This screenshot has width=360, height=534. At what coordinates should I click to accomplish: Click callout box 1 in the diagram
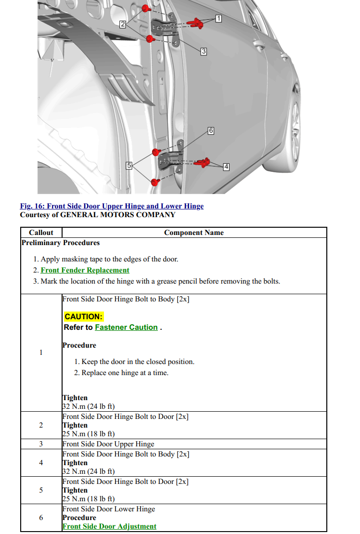[x=219, y=19]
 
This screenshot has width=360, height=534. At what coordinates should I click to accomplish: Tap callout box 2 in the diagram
[x=123, y=24]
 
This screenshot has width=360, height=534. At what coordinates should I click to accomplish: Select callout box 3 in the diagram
[x=204, y=51]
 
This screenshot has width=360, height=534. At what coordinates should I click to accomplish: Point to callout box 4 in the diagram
[x=226, y=167]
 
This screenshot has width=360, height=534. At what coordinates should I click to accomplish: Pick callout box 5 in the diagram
[x=129, y=166]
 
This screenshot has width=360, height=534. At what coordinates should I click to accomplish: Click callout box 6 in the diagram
[x=211, y=130]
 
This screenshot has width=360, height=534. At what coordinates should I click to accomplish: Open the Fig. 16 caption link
[x=112, y=206]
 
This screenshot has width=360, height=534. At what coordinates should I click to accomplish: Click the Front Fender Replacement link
[x=85, y=270]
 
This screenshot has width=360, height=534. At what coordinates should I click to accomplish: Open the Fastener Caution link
[x=126, y=327]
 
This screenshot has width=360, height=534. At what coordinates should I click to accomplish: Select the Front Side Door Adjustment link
[x=109, y=526]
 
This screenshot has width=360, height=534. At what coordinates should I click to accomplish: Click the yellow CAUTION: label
[x=83, y=316]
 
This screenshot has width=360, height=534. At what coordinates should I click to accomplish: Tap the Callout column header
[x=41, y=233]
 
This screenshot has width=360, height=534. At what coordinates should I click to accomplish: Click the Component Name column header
[x=193, y=233]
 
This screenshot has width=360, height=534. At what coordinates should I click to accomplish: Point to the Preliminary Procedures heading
[x=60, y=243]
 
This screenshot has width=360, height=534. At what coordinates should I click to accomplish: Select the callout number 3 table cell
[x=41, y=444]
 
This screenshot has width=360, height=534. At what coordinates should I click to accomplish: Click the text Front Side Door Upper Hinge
[x=108, y=444]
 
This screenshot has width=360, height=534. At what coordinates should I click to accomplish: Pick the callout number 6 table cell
[x=41, y=518]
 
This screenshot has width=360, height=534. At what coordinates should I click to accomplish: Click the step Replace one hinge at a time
[x=125, y=373]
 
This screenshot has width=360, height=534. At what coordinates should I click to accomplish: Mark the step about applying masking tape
[x=109, y=259]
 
